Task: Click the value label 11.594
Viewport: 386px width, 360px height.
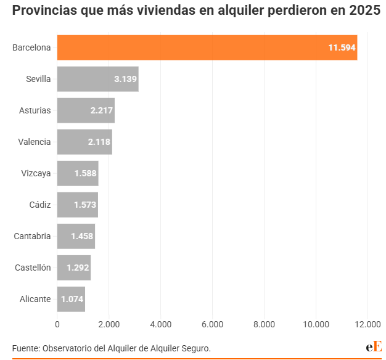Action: click(x=342, y=47)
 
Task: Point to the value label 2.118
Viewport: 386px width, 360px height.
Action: click(x=99, y=142)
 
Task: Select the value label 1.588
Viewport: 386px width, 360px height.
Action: click(x=85, y=173)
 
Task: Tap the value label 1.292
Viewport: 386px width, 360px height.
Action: click(x=78, y=268)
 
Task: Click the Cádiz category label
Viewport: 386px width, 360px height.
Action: click(x=40, y=205)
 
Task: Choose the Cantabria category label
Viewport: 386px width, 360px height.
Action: click(x=32, y=236)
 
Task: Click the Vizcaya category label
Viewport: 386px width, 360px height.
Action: click(x=36, y=173)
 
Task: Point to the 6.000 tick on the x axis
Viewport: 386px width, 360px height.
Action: click(x=212, y=324)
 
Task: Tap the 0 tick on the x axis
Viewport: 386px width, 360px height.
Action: click(x=57, y=324)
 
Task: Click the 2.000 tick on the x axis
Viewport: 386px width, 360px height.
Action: click(x=109, y=324)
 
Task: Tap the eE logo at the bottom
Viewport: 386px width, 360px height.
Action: click(x=374, y=347)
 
